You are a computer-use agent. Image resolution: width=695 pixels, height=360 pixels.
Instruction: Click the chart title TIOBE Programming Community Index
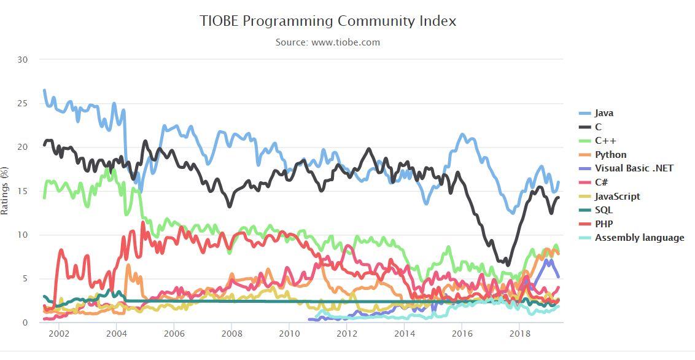[x=328, y=21]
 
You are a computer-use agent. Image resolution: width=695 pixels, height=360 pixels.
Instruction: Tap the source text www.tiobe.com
[x=328, y=42]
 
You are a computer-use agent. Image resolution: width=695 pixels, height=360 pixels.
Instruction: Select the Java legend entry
[x=604, y=113]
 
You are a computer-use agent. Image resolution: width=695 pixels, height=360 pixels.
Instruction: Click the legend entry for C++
[x=605, y=141]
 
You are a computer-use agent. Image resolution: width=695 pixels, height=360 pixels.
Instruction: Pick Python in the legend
[x=610, y=155]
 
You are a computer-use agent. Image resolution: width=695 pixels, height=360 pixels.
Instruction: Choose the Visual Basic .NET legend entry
[x=634, y=168]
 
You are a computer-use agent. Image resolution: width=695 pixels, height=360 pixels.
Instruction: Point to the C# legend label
[x=601, y=182]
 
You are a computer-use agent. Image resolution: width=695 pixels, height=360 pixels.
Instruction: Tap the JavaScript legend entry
[x=617, y=197]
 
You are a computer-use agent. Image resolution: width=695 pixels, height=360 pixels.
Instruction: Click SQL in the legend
[x=604, y=210]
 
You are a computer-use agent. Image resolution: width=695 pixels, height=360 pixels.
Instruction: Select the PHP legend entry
[x=604, y=224]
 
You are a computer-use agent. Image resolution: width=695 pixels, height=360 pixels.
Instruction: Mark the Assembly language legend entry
[x=639, y=238]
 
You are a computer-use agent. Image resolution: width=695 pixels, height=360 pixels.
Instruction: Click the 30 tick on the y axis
[x=23, y=60]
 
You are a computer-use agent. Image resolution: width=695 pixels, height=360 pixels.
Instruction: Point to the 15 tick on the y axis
[x=23, y=191]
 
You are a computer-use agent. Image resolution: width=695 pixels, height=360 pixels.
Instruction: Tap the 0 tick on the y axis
[x=26, y=323]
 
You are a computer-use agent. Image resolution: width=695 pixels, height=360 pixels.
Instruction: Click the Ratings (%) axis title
[x=6, y=190]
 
